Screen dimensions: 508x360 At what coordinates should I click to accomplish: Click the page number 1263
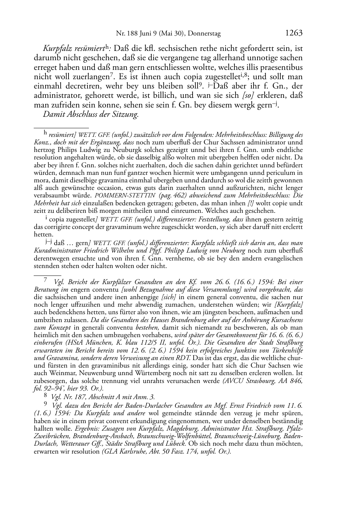[x=294, y=33]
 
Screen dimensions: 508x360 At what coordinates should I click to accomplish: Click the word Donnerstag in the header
[x=204, y=34]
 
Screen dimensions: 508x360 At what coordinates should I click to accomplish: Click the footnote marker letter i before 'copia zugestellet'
[x=46, y=218]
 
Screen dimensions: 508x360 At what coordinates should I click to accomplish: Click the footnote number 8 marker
[x=46, y=396]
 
